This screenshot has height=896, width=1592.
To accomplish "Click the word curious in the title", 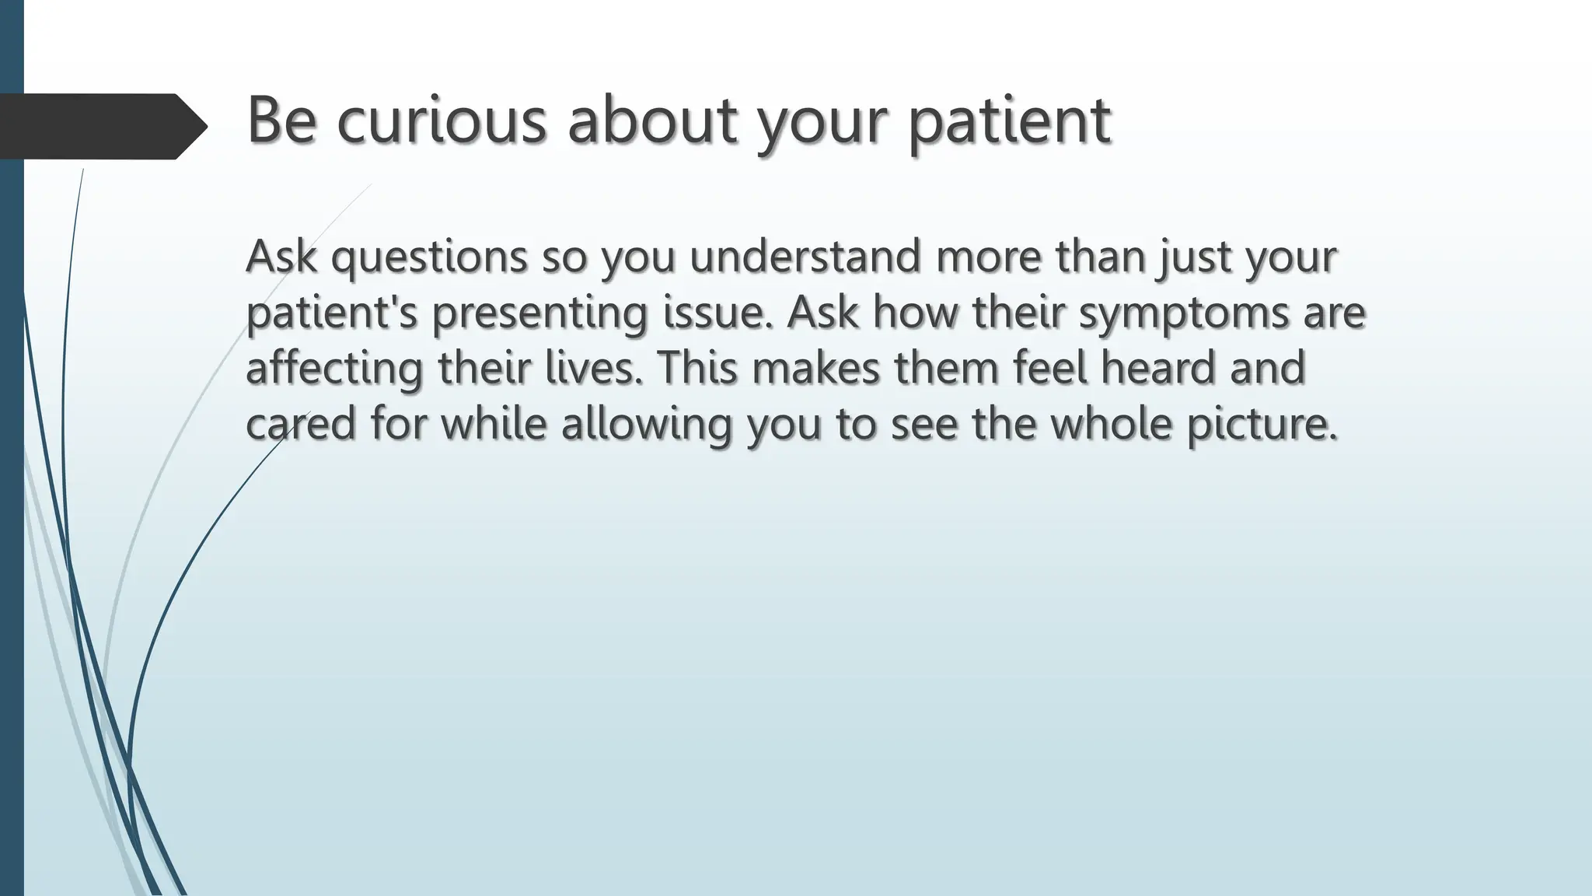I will [x=442, y=121].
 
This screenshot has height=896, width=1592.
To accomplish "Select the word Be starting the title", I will [x=281, y=121].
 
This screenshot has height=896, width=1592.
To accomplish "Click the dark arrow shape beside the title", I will [x=101, y=126].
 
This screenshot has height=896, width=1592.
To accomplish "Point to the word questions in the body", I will [x=429, y=257].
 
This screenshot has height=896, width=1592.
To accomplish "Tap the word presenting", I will [x=539, y=313].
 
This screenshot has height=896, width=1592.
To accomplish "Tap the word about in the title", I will [x=651, y=121].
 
